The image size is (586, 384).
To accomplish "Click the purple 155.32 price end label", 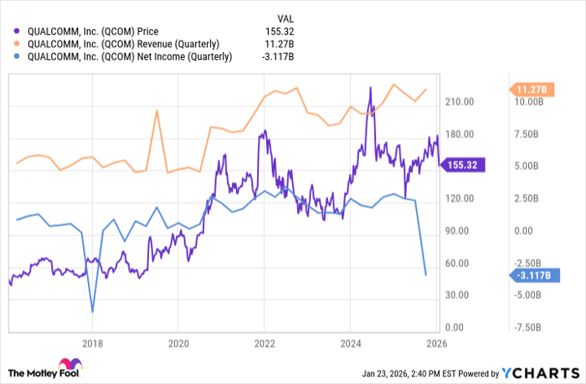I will [461, 166].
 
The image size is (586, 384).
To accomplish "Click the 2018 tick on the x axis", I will [92, 343].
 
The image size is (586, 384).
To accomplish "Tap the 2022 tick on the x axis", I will [265, 343].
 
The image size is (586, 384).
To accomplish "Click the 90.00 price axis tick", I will [458, 231].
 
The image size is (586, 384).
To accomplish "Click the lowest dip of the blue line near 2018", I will [92, 311].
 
